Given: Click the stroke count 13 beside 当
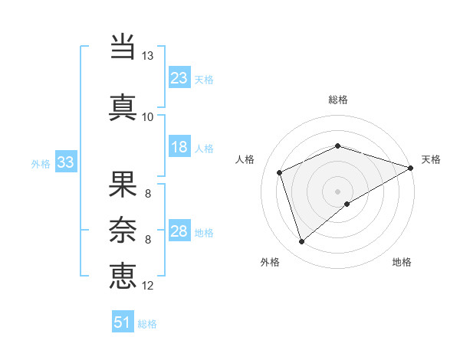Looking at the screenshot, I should point(148,56).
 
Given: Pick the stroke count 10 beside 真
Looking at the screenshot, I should point(148,117).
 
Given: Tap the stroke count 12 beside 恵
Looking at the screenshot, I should point(148,286).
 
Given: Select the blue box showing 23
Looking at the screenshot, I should point(179,77).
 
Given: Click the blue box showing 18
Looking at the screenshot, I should point(179,147).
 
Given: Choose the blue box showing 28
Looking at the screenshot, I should point(179,231).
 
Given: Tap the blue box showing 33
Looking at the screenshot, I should point(65,162).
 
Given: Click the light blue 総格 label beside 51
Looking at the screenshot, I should point(147,324).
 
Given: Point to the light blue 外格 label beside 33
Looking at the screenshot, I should point(41,163).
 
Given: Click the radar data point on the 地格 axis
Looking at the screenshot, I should point(348,203).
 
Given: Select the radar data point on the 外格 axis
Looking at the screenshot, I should point(301,242).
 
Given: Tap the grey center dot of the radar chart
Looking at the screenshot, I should point(337,191).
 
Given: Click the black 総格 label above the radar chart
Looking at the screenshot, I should point(338,100).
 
